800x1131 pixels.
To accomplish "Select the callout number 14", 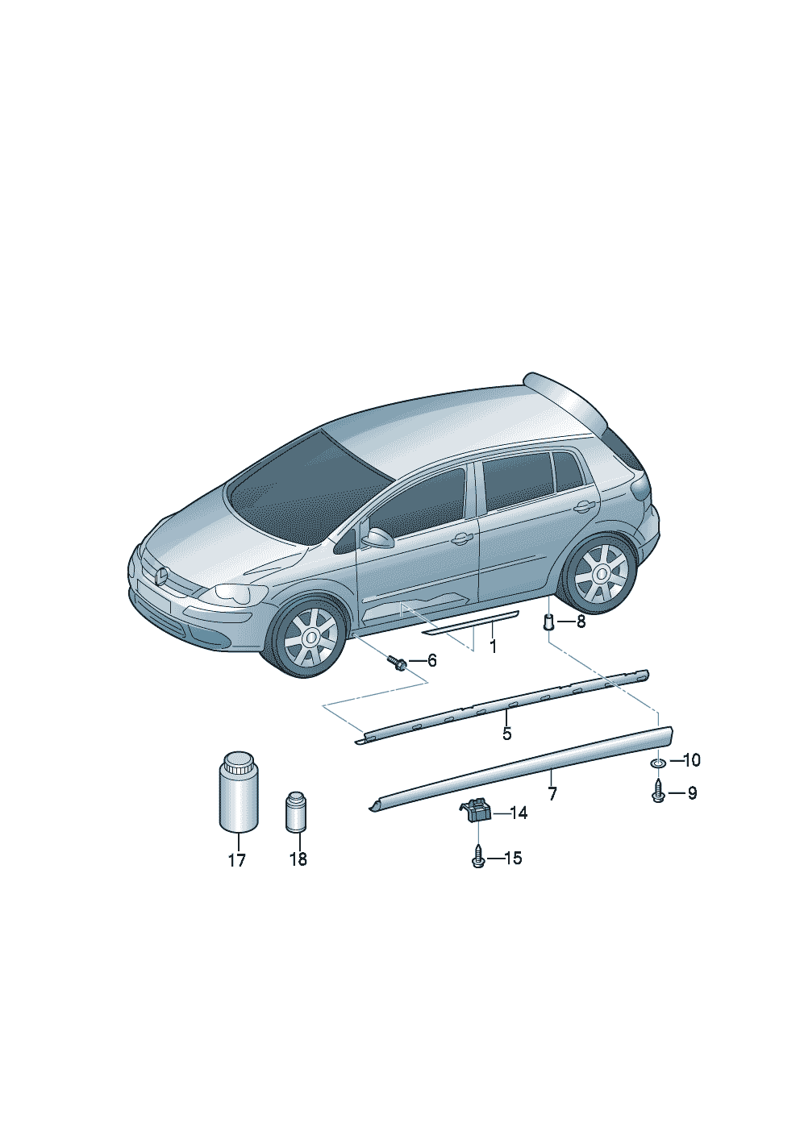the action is point(519,813).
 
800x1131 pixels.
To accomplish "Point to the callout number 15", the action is point(513,858).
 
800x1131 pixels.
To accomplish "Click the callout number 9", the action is point(692,793).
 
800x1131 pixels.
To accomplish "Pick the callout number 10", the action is point(691,760).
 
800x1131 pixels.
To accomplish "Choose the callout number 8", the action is point(581,622).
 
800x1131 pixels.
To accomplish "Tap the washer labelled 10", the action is point(657,762).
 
